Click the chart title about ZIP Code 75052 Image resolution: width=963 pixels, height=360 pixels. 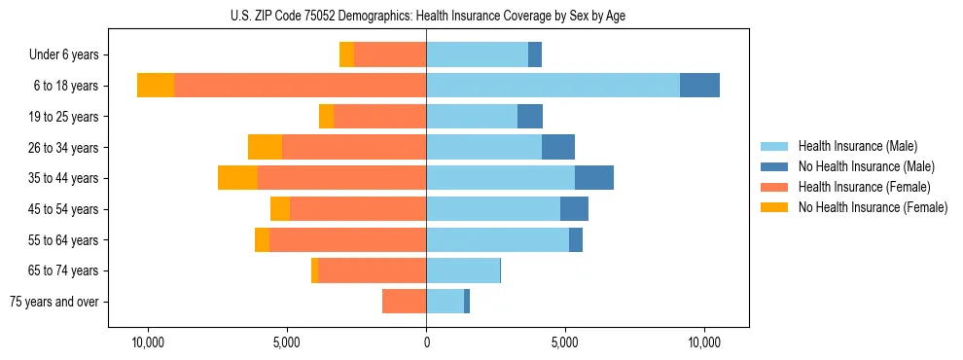coord(427,16)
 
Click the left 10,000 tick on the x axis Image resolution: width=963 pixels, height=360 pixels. coord(149,342)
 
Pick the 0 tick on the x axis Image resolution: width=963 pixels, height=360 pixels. coord(426,342)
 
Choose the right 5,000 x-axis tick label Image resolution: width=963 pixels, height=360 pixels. coord(565,342)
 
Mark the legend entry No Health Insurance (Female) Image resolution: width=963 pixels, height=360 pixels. coord(873,207)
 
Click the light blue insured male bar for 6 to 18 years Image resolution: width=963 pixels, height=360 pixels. coord(553,86)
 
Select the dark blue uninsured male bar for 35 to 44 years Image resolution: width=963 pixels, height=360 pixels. coord(594,178)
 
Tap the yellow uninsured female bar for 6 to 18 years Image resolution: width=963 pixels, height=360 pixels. coord(156,86)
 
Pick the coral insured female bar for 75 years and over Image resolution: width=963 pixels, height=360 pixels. coord(404,302)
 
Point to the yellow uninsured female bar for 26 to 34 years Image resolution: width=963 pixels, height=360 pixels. coord(265,147)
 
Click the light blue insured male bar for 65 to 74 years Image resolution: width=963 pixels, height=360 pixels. coord(463,270)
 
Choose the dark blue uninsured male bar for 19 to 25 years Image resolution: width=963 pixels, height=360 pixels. coord(530,117)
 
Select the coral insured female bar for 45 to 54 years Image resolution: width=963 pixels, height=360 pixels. coord(358,209)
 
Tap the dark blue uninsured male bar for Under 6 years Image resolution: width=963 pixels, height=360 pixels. coord(535,54)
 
